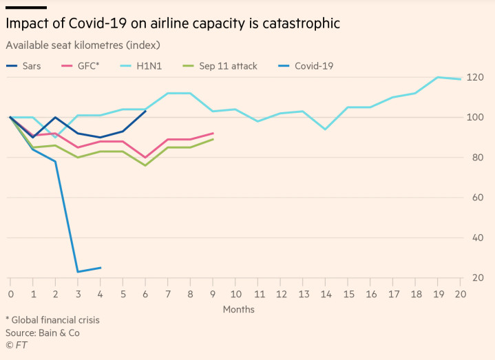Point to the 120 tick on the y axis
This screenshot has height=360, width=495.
[x=476, y=77]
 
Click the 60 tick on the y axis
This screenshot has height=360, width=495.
[x=476, y=198]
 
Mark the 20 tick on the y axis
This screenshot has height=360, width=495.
[x=476, y=277]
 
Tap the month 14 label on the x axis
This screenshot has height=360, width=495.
[x=326, y=293]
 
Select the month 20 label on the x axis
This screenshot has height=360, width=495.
[x=461, y=293]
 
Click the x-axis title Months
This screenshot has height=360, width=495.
[x=238, y=309]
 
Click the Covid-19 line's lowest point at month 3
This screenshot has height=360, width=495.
[x=78, y=271]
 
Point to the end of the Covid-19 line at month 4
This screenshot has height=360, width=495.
[x=101, y=268]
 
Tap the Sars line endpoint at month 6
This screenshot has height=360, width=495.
[x=145, y=111]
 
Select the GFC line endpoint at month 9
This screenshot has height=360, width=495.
[x=213, y=133]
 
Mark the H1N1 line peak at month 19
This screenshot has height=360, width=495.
[x=438, y=77]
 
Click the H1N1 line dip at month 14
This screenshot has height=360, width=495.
[x=326, y=129]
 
